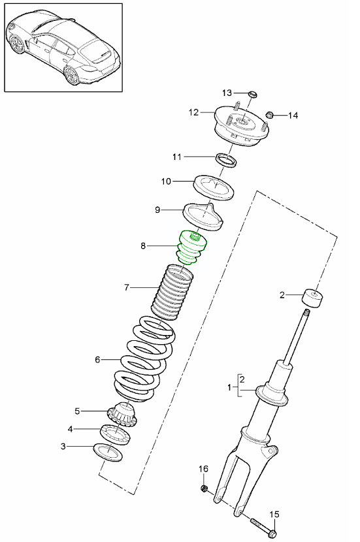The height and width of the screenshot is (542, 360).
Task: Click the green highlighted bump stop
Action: point(193,248)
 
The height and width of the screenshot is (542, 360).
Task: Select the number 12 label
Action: point(193,112)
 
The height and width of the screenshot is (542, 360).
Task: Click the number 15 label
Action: point(274,514)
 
